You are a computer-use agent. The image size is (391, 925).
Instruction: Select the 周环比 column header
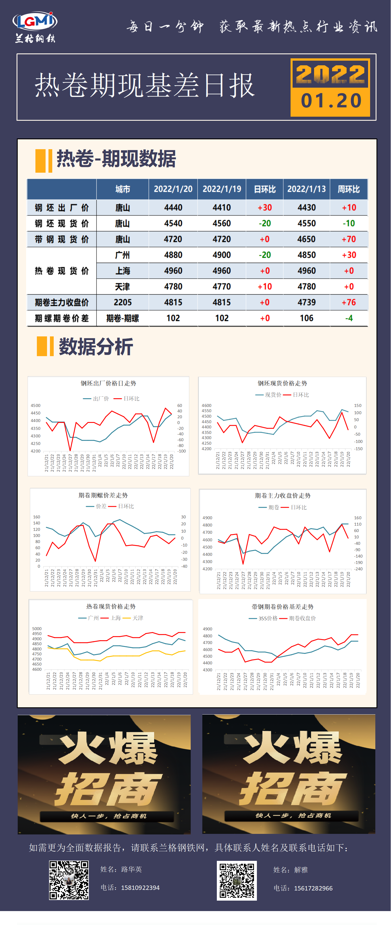(x=348, y=189)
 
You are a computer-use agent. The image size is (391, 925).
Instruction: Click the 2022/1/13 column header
(x=306, y=189)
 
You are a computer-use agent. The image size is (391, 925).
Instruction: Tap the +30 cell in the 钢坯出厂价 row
(x=265, y=208)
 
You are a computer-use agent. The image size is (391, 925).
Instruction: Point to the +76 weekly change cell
(x=348, y=303)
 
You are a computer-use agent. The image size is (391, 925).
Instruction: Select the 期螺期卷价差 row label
(x=62, y=318)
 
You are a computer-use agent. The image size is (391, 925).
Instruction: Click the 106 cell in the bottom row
(x=306, y=318)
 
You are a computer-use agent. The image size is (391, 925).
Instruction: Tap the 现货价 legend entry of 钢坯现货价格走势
(x=273, y=395)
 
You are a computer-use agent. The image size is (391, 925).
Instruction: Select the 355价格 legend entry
(x=268, y=618)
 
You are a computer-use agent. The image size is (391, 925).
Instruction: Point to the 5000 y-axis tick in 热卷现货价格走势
(x=37, y=629)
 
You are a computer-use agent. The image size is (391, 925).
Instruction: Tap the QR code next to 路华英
(x=69, y=880)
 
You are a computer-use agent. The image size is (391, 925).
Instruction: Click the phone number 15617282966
(x=313, y=888)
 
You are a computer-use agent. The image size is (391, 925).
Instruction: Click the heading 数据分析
(x=96, y=347)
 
